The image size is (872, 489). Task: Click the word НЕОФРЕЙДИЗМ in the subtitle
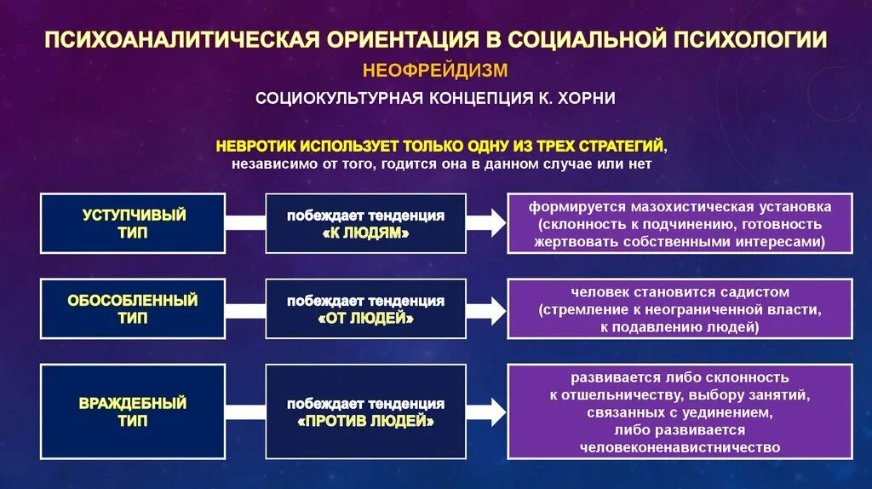435,69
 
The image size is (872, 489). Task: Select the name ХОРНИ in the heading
587,99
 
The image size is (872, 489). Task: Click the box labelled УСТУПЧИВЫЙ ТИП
134,223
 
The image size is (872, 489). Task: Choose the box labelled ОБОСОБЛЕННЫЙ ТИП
134,308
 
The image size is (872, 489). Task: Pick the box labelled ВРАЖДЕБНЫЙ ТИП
134,411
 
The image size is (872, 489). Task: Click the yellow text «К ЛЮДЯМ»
365,232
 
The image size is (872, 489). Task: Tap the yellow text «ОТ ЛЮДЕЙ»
365,318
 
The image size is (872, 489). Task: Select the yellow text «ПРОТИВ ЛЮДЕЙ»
366,421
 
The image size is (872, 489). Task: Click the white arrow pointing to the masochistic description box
486,223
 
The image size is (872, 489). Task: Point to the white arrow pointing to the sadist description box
486,309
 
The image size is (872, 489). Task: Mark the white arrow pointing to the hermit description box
486,411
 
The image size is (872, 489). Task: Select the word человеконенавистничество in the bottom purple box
680,446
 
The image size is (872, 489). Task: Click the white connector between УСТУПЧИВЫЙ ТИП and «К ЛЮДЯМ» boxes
245,223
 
